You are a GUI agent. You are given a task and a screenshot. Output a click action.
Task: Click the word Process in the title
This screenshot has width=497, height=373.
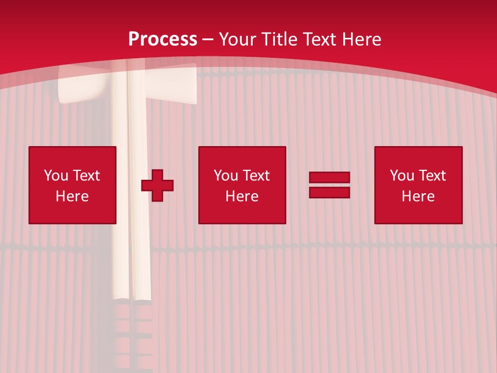click(163, 39)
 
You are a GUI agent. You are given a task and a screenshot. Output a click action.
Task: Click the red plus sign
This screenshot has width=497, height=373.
click(157, 185)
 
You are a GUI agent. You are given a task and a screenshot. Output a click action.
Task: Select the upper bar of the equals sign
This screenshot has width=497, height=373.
click(329, 178)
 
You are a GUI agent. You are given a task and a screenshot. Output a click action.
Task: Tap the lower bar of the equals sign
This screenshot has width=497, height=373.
click(329, 192)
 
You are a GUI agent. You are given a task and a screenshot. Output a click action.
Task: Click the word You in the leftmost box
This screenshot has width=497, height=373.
click(55, 176)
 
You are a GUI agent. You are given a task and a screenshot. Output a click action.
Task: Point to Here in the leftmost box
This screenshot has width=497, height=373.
click(72, 196)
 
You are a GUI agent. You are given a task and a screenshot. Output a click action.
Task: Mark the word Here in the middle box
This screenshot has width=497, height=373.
click(242, 196)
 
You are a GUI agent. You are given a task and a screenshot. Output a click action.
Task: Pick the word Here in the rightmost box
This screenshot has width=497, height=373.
click(418, 196)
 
